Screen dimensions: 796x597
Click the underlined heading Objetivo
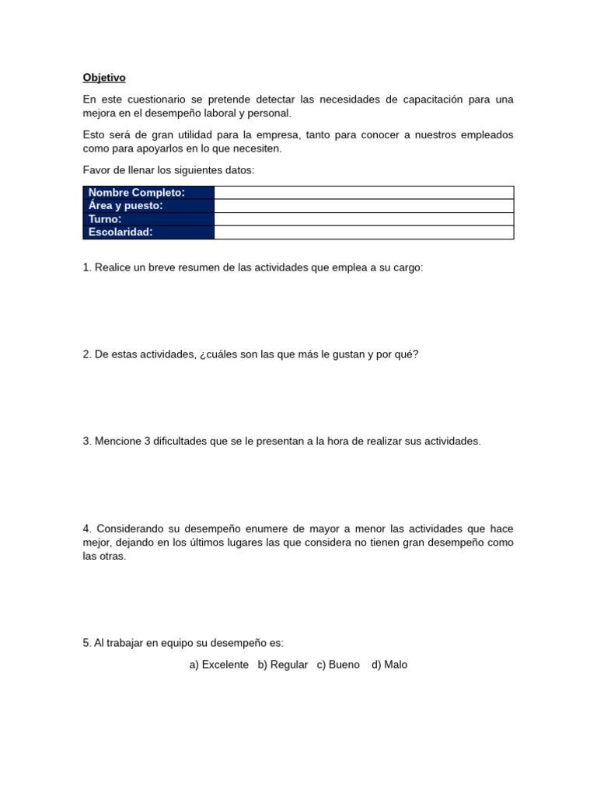[x=104, y=78]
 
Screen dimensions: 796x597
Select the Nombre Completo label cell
[x=148, y=193]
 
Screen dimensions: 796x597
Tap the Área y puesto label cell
[x=148, y=206]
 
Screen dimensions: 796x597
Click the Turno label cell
[x=148, y=219]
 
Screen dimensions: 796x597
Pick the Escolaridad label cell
[x=148, y=232]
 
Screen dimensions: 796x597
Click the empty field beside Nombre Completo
[x=363, y=193]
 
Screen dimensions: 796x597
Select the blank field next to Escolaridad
[x=363, y=232]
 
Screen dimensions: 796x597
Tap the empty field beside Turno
[x=363, y=219]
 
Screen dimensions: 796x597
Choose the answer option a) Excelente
[x=219, y=665]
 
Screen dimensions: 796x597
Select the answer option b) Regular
[x=283, y=665]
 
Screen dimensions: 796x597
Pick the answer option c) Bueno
[x=338, y=665]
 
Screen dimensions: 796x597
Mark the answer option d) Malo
[x=389, y=665]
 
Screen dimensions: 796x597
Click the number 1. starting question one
[x=87, y=267]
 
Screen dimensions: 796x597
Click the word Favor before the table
[x=96, y=169]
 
